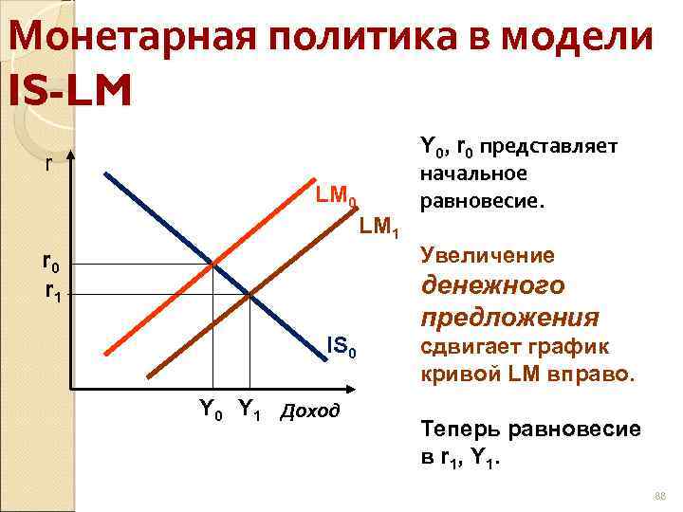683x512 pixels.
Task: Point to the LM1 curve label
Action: [382, 229]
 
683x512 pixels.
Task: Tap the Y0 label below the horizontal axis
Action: [212, 410]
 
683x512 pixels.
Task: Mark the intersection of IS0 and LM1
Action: [249, 296]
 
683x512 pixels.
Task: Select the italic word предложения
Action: [510, 316]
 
